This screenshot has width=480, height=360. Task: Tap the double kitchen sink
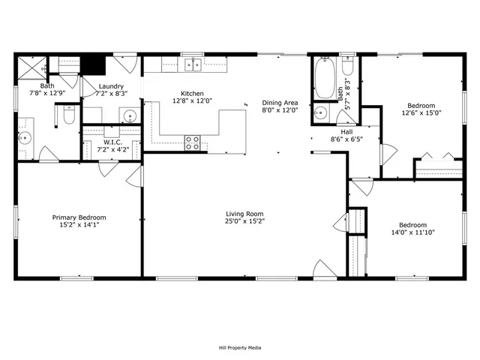coord(193,66)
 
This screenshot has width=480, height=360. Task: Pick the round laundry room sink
coord(129,116)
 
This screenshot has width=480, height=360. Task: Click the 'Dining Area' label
coord(280,102)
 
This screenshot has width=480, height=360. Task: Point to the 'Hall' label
coord(337,131)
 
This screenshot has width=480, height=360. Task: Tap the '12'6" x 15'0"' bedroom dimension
coord(421,113)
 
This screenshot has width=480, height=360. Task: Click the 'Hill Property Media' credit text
coord(239,347)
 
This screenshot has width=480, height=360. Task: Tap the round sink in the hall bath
coord(321,113)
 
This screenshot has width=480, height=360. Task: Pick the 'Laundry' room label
coord(111,87)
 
